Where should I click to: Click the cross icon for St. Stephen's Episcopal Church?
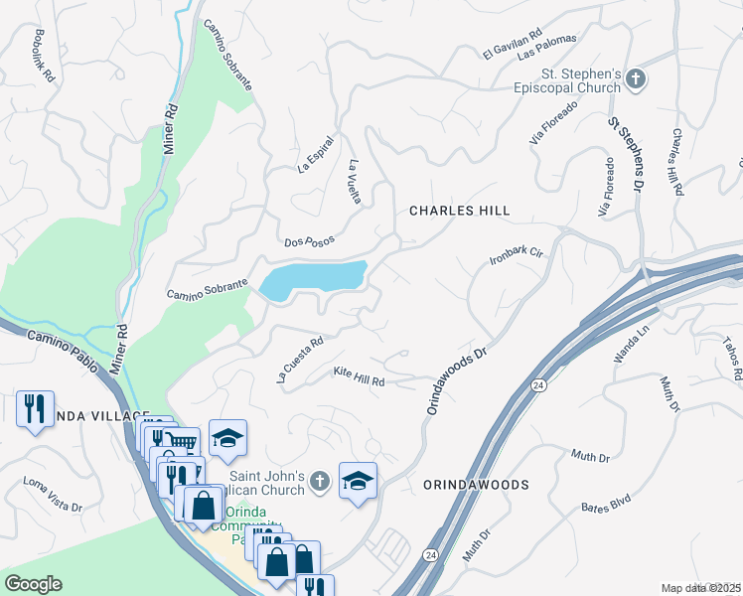tap(637, 78)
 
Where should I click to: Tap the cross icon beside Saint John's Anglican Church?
tap(318, 482)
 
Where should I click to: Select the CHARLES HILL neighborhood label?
tap(460, 211)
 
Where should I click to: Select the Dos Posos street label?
tap(309, 240)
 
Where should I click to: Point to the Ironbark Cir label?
tap(519, 255)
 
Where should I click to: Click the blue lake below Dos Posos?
tap(314, 277)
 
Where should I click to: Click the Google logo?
tap(33, 584)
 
